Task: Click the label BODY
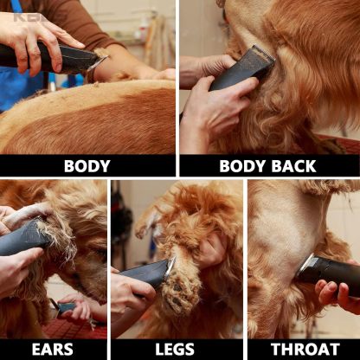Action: coord(87,166)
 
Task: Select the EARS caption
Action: coord(52,350)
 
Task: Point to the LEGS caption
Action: coord(175,350)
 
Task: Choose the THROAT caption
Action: coord(304,350)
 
